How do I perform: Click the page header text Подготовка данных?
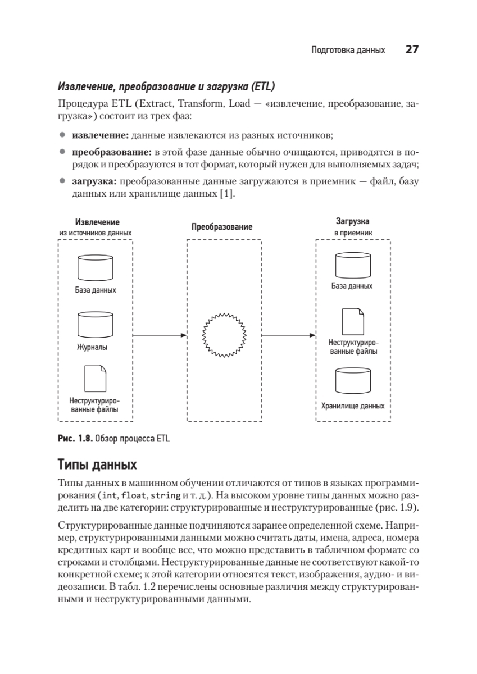click(348, 51)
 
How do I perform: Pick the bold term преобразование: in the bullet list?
click(111, 152)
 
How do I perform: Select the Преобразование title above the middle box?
click(222, 227)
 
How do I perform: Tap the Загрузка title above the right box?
click(352, 221)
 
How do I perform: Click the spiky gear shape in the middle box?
click(224, 335)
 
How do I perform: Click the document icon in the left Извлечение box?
click(96, 379)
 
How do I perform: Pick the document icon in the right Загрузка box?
click(352, 321)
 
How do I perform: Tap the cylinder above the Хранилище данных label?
click(352, 382)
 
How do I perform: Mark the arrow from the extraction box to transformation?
click(160, 335)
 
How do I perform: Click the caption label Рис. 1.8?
click(75, 439)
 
